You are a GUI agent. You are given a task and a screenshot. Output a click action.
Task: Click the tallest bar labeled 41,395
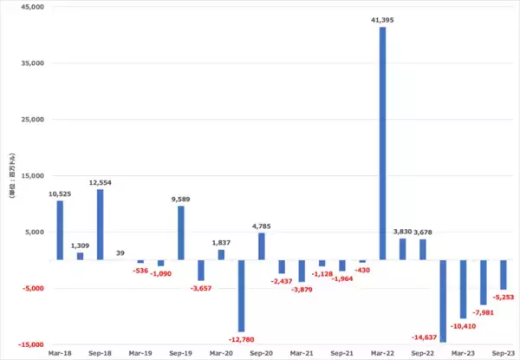(x=382, y=143)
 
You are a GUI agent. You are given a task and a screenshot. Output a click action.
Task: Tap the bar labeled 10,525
(x=60, y=231)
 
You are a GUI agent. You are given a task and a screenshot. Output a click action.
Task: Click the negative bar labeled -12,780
(x=241, y=296)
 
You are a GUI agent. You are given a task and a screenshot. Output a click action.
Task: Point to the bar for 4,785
(x=262, y=246)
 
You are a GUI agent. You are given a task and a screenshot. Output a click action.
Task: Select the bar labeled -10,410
(x=464, y=289)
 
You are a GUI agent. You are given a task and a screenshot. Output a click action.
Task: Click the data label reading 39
(x=120, y=252)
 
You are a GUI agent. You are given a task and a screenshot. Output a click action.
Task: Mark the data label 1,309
(x=81, y=245)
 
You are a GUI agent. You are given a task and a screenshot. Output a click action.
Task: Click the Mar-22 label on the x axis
(x=382, y=354)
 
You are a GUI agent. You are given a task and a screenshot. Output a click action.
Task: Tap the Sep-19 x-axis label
(x=181, y=354)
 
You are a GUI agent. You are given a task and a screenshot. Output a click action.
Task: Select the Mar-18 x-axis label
(x=60, y=354)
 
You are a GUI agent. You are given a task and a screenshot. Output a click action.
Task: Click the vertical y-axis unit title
(x=11, y=176)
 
